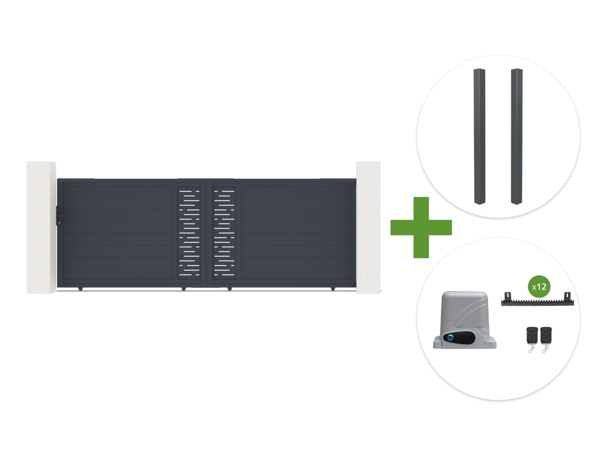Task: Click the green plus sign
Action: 421,227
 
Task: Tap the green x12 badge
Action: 539,287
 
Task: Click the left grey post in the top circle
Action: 479,136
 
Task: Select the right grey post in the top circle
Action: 516,136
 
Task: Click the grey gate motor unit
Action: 465,320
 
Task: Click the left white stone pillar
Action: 41,227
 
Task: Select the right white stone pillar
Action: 368,227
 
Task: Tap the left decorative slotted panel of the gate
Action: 189,233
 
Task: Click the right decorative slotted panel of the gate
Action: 224,233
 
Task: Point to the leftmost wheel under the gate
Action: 81,289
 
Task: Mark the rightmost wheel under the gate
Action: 333,289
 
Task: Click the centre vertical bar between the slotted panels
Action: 206,234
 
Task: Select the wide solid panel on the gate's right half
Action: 296,233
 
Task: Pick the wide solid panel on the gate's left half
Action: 117,233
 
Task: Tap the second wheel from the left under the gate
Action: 183,289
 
